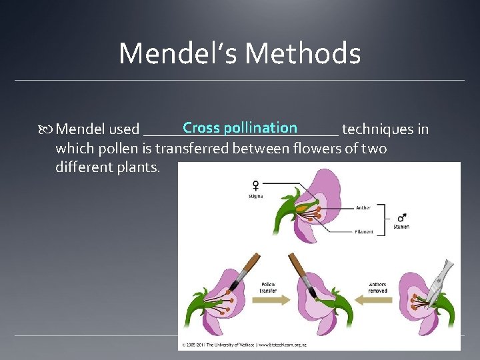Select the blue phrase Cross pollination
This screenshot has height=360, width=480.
pos(240,127)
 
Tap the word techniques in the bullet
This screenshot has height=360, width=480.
pos(385,129)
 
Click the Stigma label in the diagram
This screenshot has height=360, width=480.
pos(255,197)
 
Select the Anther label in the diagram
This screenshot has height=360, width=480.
pos(363,207)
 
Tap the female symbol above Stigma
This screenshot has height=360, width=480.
pos(255,185)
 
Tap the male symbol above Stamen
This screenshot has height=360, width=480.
pos(401,217)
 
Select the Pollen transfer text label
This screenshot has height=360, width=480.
pos(268,287)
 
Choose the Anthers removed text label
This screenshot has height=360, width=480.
pos(377,287)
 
